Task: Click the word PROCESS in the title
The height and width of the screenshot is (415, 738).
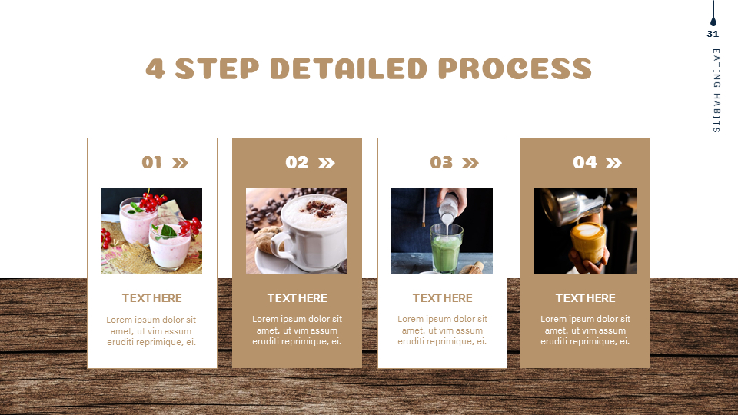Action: pos(515,68)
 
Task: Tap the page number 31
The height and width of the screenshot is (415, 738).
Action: pos(713,34)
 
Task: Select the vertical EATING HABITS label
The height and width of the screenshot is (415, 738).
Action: pos(716,91)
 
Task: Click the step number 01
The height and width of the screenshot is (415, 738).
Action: pos(152,162)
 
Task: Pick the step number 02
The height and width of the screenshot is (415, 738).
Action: pos(297,162)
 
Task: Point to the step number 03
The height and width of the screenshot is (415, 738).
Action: pos(441,162)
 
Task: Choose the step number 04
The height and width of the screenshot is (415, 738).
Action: pos(585,162)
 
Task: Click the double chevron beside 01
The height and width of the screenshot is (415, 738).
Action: pos(180,162)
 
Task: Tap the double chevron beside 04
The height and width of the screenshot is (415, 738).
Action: pos(613,162)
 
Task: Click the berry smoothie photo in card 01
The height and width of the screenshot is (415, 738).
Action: pos(151,231)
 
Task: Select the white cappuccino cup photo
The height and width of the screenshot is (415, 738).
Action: pos(297,231)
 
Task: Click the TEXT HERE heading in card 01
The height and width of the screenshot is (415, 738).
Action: pos(152,298)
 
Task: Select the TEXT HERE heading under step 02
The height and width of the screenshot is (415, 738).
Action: pos(297,298)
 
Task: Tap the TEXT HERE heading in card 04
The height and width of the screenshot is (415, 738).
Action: pos(585,298)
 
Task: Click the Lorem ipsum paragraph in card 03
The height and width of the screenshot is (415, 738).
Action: pos(442,330)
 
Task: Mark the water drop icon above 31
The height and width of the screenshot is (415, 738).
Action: pos(713,21)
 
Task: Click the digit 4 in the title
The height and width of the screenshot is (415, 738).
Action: pos(155,68)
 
